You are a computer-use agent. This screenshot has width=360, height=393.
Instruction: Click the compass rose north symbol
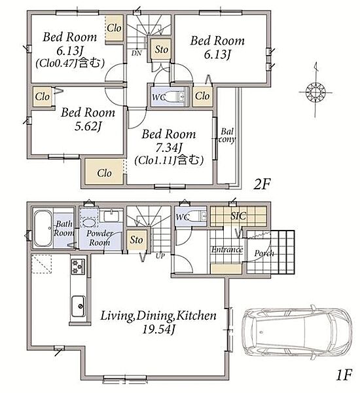pos(315,92)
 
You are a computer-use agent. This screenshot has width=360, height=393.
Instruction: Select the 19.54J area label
pos(158,329)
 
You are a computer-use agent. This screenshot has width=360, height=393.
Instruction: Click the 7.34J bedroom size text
pos(169,147)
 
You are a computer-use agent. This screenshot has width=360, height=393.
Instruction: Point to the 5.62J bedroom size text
pos(88,126)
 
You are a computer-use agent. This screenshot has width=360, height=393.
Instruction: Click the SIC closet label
pos(238,215)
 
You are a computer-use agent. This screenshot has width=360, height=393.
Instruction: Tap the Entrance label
pos(227,250)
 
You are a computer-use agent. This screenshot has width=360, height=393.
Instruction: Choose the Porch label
pos(264,253)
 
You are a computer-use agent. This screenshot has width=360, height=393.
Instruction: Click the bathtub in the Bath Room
pos(43,229)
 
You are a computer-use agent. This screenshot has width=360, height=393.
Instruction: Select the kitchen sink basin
pos(79,306)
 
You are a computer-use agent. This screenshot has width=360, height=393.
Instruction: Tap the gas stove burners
pos(79,267)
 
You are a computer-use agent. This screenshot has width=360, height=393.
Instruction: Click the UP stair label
pos(160,256)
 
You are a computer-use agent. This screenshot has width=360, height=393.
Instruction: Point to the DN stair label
pos(137,53)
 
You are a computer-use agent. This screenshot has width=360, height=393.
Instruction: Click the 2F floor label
pos(262,185)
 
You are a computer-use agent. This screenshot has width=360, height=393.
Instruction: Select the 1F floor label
pos(344,375)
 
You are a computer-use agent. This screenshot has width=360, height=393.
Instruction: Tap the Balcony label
pos(227,136)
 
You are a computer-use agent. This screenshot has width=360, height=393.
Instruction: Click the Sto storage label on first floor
pos(136,240)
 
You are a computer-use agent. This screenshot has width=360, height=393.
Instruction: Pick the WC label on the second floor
pos(159,97)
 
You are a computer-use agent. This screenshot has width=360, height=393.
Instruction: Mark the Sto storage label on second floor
pos(161,49)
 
